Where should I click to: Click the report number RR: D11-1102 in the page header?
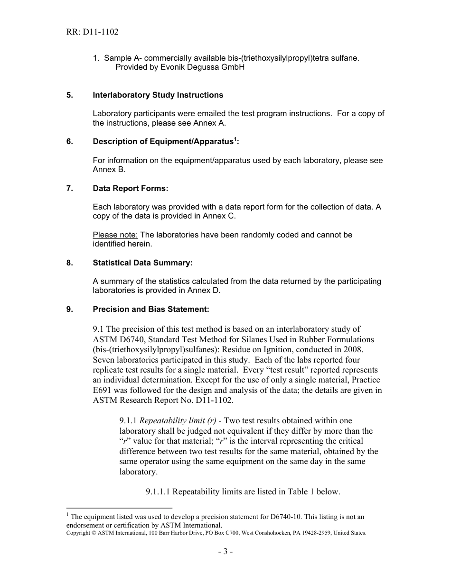pyautogui.click(x=93, y=32)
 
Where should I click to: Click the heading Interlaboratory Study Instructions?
pyautogui.click(x=158, y=95)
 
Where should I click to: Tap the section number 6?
pyautogui.click(x=69, y=142)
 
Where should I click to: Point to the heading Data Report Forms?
pyautogui.click(x=131, y=188)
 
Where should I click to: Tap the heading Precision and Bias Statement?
pyautogui.click(x=150, y=309)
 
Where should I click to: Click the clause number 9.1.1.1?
pyautogui.click(x=158, y=492)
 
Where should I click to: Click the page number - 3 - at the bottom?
pyautogui.click(x=225, y=551)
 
